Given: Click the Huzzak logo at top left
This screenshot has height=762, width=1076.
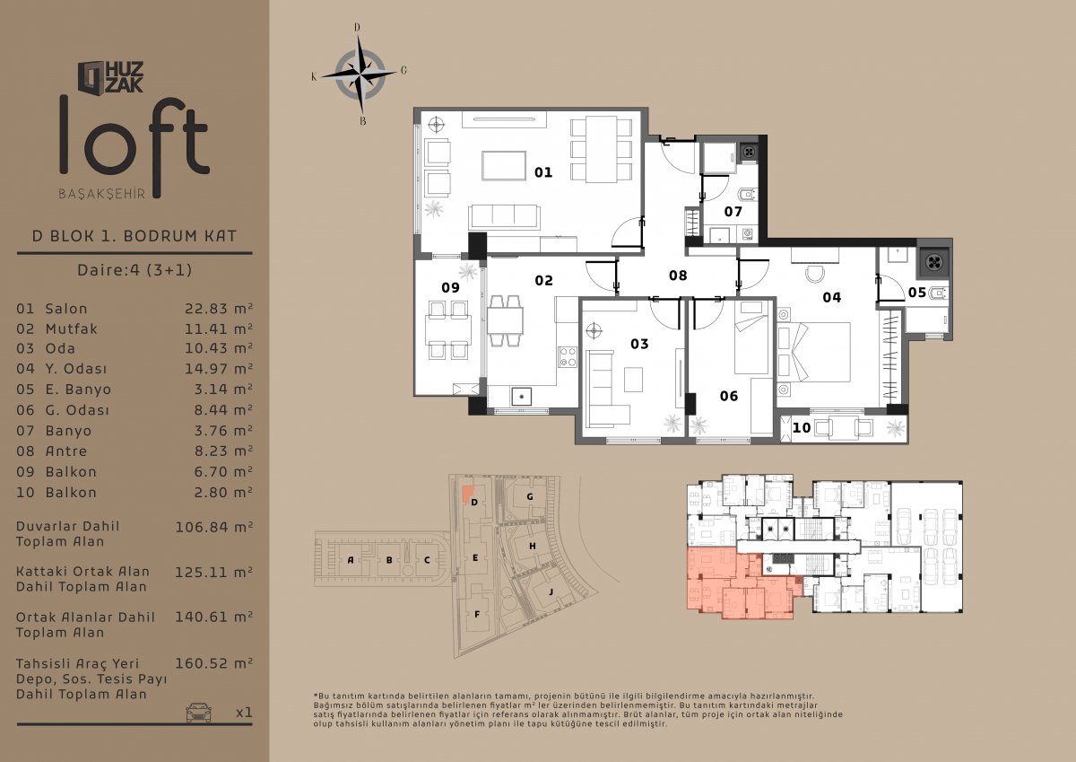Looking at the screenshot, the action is click(110, 77).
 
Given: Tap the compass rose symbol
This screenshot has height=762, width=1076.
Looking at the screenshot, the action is click(360, 74).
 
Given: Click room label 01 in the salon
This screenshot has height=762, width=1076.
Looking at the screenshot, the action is click(543, 172).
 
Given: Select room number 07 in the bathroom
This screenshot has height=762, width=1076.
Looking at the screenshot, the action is click(733, 212).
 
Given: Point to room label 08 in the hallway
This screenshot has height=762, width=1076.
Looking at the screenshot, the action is click(678, 276).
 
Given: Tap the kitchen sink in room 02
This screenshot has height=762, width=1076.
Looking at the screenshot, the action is click(521, 397).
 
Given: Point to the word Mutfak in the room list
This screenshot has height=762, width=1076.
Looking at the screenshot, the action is click(72, 328).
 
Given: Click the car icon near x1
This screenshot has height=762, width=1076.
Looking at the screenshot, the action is click(198, 712).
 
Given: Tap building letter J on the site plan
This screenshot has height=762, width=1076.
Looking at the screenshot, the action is click(551, 591).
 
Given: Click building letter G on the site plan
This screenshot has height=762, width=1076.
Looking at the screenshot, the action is click(530, 496).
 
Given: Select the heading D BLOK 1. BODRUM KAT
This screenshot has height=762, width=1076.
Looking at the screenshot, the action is click(134, 236).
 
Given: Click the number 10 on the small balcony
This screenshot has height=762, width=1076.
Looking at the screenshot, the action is click(802, 427).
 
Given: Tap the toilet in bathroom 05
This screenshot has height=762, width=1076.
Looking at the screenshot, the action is click(939, 293).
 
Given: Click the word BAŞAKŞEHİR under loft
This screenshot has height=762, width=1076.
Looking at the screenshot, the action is click(102, 194).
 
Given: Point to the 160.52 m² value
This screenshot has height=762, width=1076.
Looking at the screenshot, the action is click(213, 663).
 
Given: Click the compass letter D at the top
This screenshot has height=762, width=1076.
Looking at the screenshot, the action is click(357, 28).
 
